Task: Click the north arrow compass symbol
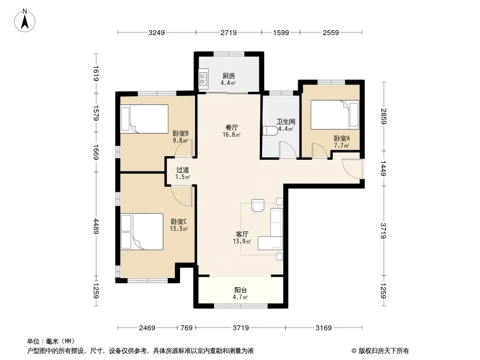pos(25,21)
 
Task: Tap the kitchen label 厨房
pos(229,76)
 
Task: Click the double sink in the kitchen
pos(204,79)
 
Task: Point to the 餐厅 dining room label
pos(232,127)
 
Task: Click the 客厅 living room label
pos(242,234)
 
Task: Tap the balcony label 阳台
pos(240,290)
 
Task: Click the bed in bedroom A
pos(335,115)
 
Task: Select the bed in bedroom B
pos(145,119)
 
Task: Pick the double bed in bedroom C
pos(142,232)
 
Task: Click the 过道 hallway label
pos(182,170)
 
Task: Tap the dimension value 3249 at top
pos(157,32)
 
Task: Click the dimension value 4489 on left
pos(96,226)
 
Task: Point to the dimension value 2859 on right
pos(384,116)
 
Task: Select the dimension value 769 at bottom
pos(187,328)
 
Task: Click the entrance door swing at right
pos(352,169)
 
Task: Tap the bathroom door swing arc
pos(288,150)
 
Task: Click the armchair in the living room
pos(258,205)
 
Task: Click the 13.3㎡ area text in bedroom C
pos(179,229)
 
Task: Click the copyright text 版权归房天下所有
pos(384,351)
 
